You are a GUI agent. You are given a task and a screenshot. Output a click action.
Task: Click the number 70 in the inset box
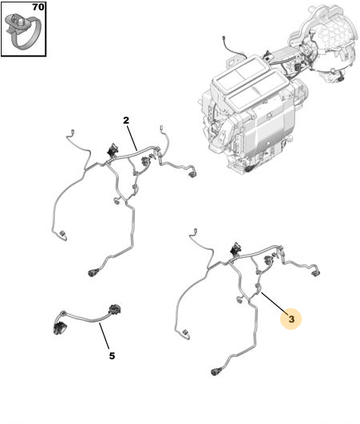(38, 7)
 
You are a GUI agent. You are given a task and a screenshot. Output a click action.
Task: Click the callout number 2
(126, 121)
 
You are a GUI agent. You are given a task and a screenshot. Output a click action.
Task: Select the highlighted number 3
(291, 319)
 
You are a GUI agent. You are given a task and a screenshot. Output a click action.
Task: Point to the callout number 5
(112, 356)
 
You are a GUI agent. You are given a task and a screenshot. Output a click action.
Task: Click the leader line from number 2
(132, 137)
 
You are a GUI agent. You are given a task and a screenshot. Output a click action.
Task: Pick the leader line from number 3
(273, 303)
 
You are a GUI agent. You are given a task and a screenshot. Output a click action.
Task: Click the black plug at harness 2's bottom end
(93, 273)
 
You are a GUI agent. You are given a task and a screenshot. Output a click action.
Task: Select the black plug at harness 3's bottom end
(216, 371)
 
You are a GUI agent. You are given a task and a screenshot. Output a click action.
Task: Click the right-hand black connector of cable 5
(115, 309)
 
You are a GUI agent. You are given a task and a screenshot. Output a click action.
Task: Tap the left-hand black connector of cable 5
(59, 328)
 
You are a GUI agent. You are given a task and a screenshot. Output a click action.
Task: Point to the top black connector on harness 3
(235, 249)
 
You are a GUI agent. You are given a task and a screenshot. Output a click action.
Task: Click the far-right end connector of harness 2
(192, 174)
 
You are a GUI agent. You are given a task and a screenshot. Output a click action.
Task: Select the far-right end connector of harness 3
(315, 273)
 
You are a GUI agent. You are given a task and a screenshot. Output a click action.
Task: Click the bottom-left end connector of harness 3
(185, 334)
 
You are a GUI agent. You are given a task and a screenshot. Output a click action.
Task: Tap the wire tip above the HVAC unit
(224, 38)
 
